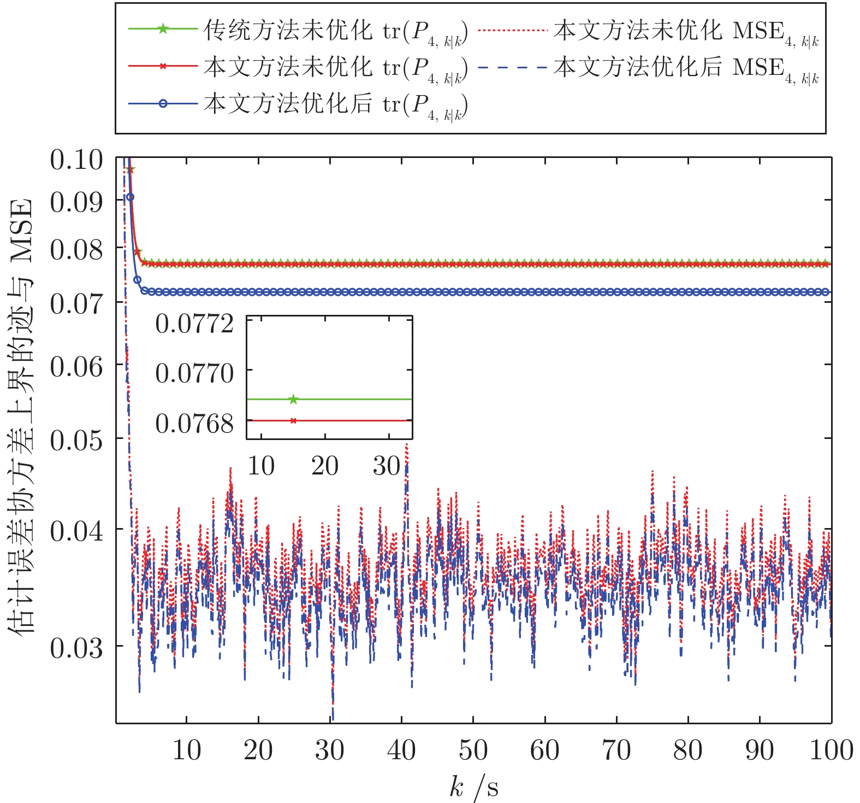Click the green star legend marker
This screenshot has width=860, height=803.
click(x=163, y=29)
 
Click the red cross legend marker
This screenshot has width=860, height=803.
click(x=163, y=66)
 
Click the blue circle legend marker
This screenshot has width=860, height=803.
click(x=163, y=103)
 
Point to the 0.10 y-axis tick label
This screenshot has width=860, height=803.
click(x=76, y=160)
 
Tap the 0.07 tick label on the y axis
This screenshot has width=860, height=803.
click(x=76, y=303)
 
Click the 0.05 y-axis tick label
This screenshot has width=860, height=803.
click(x=76, y=439)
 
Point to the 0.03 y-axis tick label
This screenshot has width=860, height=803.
click(x=76, y=647)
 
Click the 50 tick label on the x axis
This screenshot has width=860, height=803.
click(x=473, y=750)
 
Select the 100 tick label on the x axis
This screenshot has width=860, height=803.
click(x=831, y=750)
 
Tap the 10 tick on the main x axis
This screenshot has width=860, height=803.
click(x=187, y=750)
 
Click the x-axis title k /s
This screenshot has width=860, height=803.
click(x=473, y=788)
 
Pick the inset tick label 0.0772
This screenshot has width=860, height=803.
click(x=194, y=324)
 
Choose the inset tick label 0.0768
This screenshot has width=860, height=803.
click(x=194, y=423)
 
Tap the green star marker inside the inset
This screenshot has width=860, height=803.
click(x=293, y=400)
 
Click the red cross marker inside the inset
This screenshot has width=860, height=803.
click(x=293, y=420)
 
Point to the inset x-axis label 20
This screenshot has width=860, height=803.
click(x=325, y=466)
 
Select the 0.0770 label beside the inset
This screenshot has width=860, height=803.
click(x=194, y=373)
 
